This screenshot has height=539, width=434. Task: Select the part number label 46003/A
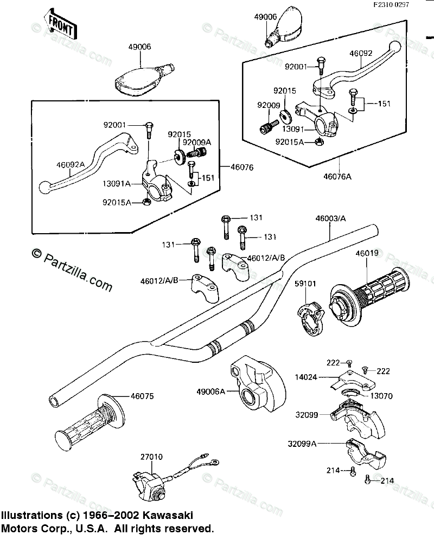click(x=330, y=219)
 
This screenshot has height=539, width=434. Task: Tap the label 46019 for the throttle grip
click(x=367, y=253)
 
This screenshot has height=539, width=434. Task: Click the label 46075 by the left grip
click(x=142, y=396)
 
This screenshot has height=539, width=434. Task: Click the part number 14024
click(x=307, y=374)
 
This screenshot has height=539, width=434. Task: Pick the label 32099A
click(x=303, y=443)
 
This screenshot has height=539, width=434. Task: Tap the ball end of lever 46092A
click(x=45, y=188)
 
